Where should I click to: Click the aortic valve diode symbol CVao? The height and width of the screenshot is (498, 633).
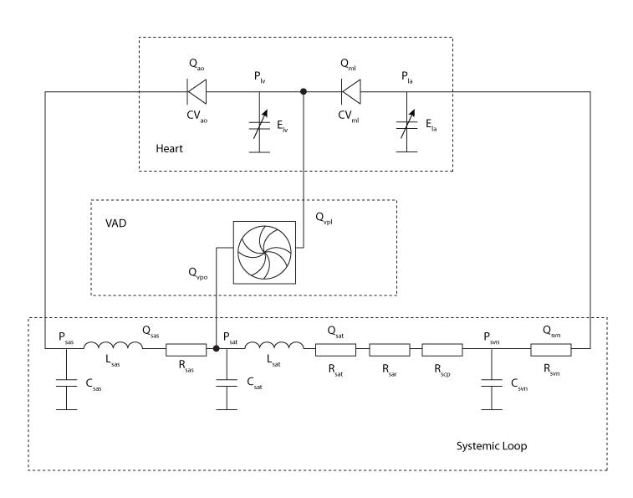(198, 90)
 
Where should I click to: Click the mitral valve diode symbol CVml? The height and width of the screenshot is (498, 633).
(351, 90)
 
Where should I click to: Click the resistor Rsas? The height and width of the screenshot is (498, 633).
(185, 350)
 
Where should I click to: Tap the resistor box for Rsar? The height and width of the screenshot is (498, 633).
(389, 350)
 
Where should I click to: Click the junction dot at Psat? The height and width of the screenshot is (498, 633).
(217, 350)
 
